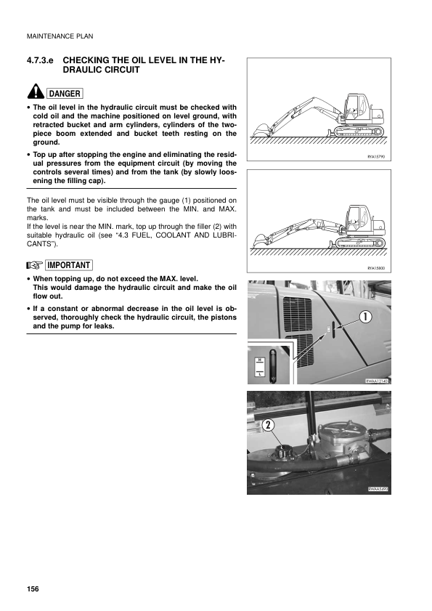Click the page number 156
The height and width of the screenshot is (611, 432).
[32, 586]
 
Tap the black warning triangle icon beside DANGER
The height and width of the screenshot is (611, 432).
[35, 92]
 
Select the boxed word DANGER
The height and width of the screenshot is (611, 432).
[64, 93]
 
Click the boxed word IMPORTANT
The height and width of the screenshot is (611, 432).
[68, 264]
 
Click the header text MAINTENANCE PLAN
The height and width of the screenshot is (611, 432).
[60, 36]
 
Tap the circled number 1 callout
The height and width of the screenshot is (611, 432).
[364, 316]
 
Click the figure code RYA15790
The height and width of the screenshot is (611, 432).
[378, 155]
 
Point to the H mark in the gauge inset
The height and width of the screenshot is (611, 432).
[259, 359]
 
